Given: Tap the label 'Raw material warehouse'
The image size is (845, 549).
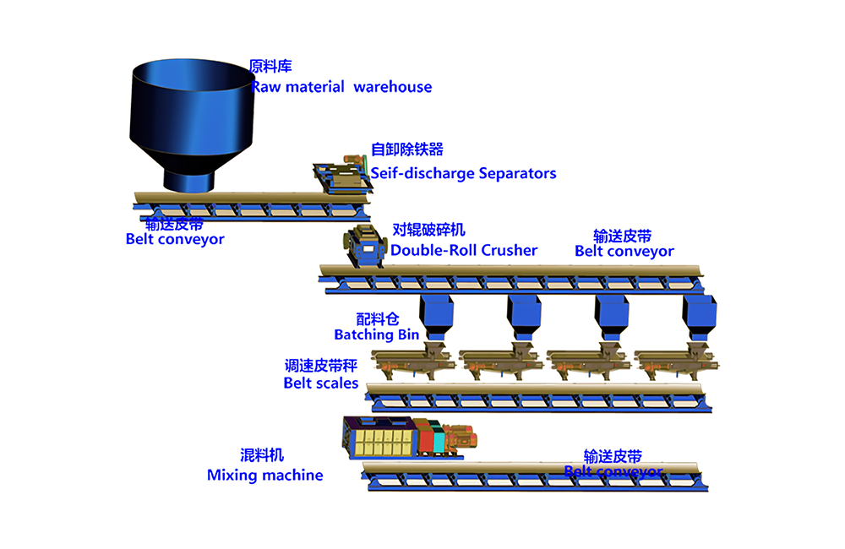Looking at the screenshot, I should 341,87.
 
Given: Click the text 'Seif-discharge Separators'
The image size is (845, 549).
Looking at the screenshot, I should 464,174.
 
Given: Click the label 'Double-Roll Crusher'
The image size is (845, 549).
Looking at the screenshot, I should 464,250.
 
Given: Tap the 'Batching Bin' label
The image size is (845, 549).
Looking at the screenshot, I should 376,334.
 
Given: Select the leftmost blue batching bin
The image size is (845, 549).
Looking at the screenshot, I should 437,314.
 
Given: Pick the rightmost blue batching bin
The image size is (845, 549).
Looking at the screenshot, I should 701,314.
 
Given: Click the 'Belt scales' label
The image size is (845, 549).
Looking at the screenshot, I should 321,383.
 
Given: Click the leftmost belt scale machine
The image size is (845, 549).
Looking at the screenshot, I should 415,361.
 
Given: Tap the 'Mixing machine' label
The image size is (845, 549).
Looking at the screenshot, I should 264,476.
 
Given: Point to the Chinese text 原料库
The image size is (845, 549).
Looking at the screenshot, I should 270,66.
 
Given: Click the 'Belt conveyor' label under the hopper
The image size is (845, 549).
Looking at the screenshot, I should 175,239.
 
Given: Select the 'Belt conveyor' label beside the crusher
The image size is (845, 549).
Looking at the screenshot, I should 624,251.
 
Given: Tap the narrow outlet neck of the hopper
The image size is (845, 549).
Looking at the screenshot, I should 190,179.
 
